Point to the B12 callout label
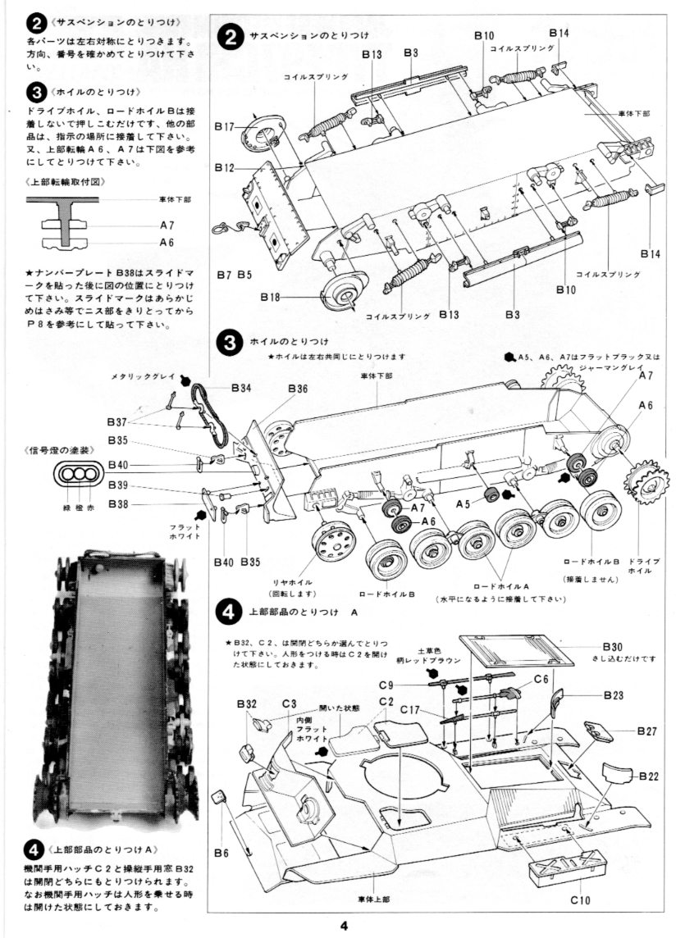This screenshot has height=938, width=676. click(x=225, y=169)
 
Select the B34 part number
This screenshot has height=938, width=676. click(x=241, y=387)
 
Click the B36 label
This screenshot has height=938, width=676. click(x=298, y=388)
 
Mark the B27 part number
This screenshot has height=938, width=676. click(x=647, y=731)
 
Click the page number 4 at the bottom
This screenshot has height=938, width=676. click(x=345, y=927)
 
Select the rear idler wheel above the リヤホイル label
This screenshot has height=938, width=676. click(x=335, y=540)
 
